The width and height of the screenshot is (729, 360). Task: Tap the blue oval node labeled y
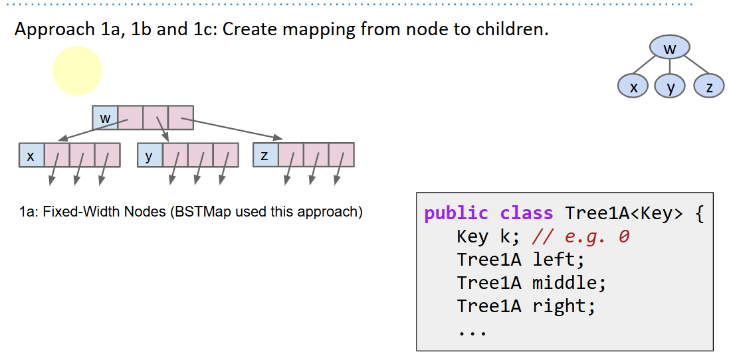coord(670,87)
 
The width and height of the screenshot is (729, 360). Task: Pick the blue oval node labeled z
coord(708,87)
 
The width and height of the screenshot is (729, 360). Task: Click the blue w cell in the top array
coord(105,118)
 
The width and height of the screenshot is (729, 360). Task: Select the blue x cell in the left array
coord(31,155)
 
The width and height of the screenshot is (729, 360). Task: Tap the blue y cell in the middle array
coord(150,155)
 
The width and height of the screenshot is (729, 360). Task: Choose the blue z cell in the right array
coord(265,155)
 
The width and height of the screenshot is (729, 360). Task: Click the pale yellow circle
coord(78,70)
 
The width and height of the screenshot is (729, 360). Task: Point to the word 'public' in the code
coord(456,213)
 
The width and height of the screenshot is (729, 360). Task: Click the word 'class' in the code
coord(526,213)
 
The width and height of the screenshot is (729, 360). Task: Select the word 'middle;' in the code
coord(570,283)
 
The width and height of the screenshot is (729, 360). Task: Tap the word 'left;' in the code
coord(558,260)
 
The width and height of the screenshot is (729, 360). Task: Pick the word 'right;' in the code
coord(564,306)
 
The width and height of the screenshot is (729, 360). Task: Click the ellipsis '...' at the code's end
coord(472,329)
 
